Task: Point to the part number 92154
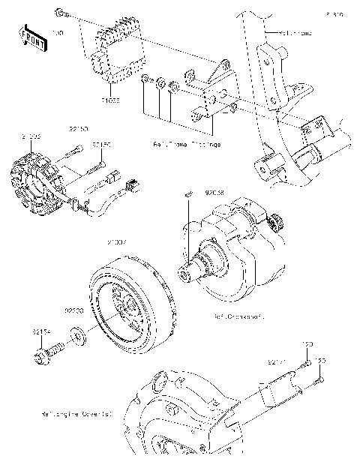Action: coord(41,330)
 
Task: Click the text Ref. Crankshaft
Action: coord(239,316)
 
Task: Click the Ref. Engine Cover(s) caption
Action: coord(78,412)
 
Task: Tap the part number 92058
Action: coord(217,191)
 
